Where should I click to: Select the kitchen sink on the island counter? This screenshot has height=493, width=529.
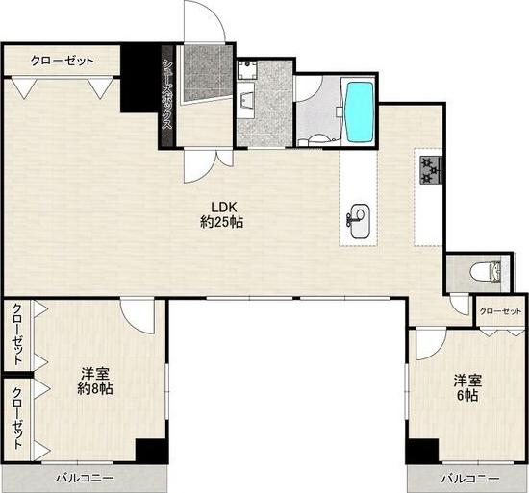point(360,221)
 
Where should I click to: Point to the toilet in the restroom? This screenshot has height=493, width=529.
point(486,271)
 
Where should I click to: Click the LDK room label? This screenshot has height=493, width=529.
point(222,207)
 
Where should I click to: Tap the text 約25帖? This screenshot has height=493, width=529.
point(221,222)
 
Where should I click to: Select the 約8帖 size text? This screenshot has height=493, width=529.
point(95,389)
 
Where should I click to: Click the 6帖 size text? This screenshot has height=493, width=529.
point(467,395)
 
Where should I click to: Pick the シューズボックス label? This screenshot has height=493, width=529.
point(167,94)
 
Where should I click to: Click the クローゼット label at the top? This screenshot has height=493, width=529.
point(63,61)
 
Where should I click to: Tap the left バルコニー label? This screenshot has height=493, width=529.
point(85,478)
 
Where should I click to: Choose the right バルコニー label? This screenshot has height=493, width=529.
point(470,479)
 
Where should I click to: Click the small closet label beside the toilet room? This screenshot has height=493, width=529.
point(501,311)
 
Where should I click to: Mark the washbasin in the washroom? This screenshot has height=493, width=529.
point(245,100)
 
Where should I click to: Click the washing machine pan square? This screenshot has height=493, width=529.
point(247,69)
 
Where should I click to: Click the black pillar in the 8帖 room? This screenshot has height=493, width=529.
point(150,452)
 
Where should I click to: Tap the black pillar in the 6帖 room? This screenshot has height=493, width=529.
point(422,452)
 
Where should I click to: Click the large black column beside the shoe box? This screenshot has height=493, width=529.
point(140,79)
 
